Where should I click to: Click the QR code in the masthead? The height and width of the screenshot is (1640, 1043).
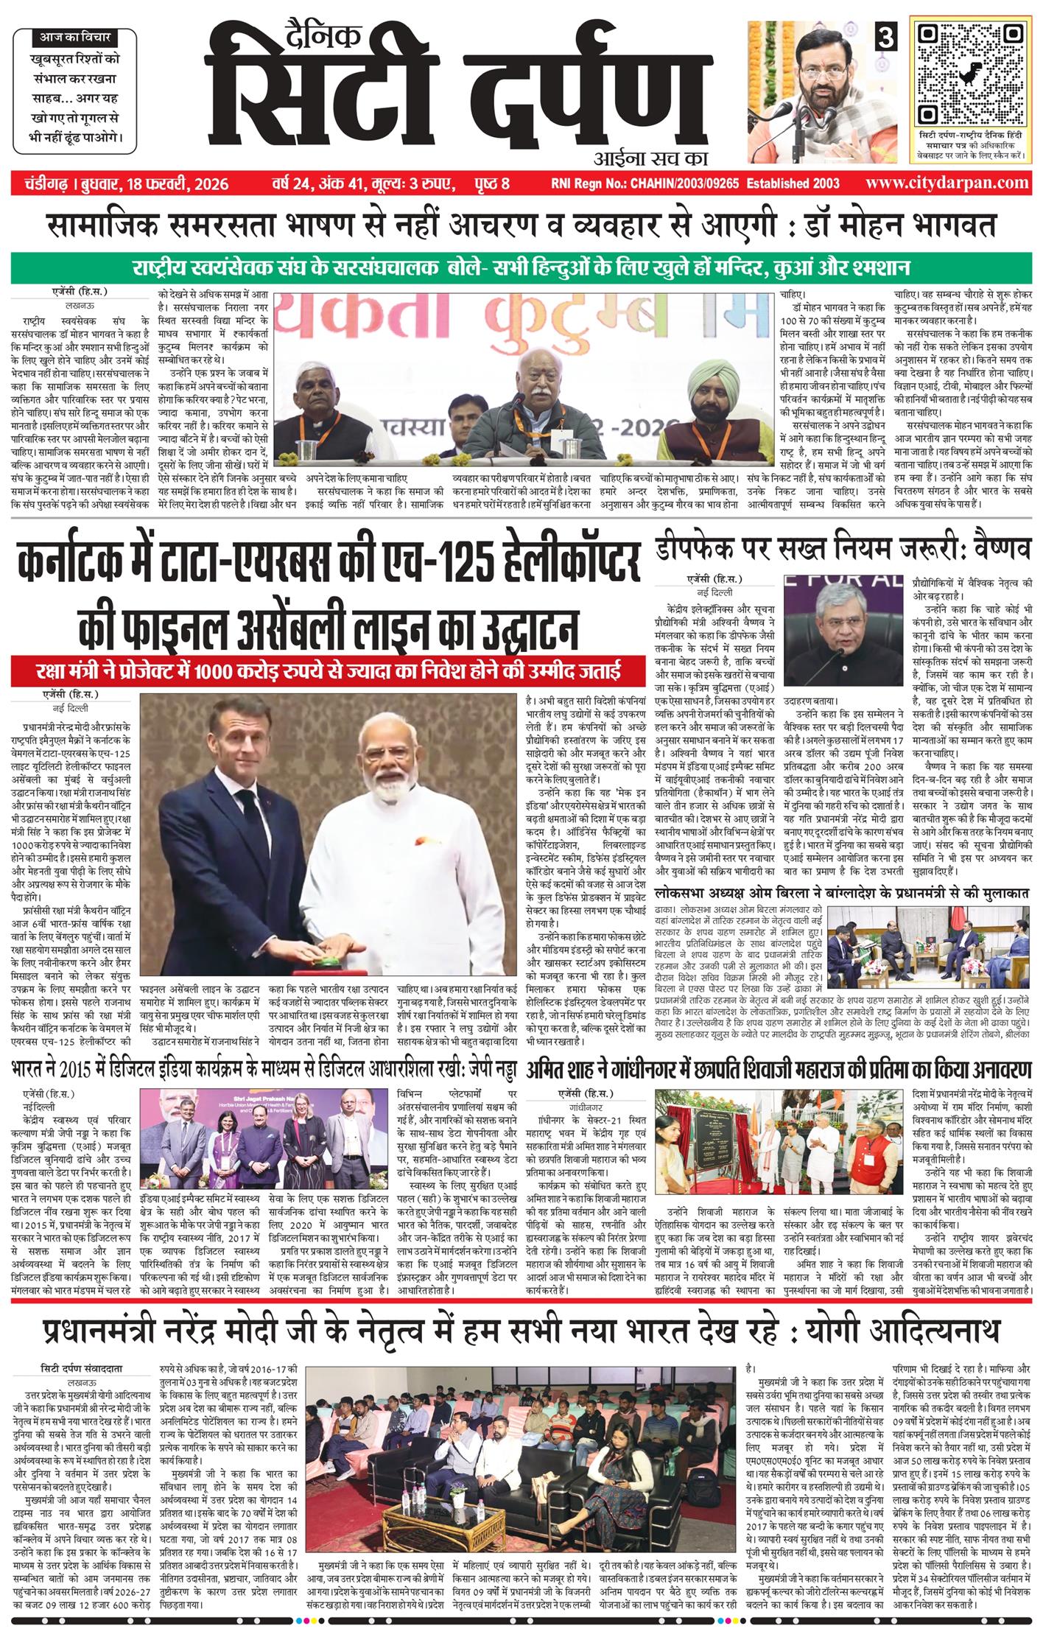(x=968, y=73)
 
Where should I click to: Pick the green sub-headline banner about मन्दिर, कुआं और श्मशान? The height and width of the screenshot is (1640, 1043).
(x=521, y=267)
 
